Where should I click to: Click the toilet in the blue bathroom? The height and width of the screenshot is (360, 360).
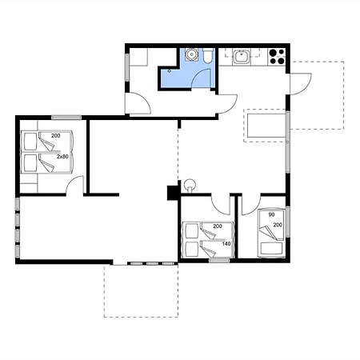(207, 55)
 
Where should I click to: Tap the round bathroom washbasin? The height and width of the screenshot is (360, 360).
(191, 54)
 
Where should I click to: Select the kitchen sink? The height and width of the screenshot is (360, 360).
(242, 57)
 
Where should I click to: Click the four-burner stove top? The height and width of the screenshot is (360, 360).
(277, 57)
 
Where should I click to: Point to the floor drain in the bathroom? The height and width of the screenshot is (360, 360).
(170, 71)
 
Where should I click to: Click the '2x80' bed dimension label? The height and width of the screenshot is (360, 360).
(62, 157)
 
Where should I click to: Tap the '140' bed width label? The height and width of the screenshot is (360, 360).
(226, 244)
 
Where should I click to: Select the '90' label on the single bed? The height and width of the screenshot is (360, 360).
(271, 214)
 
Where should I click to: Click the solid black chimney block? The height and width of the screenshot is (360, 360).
(173, 193)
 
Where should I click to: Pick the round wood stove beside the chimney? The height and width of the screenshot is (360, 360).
(190, 185)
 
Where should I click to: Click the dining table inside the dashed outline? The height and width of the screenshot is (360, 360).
(266, 126)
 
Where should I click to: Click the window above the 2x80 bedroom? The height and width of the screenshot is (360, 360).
(66, 118)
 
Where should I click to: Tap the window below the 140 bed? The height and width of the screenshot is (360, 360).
(219, 261)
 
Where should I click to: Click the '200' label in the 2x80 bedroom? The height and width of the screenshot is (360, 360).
(56, 136)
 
